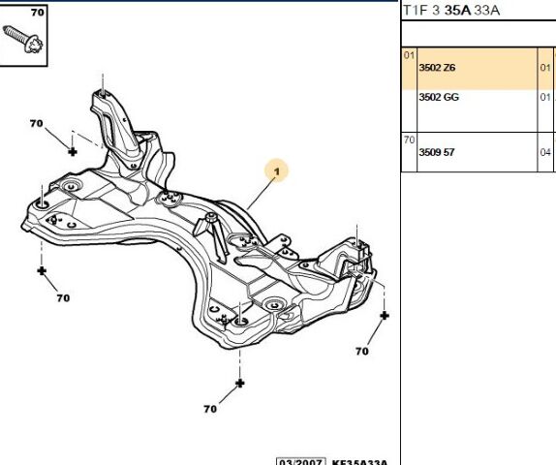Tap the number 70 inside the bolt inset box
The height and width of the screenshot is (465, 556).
37,13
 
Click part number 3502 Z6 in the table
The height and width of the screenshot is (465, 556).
437,68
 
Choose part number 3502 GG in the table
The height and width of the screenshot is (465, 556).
438,98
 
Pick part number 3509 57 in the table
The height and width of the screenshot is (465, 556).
436,152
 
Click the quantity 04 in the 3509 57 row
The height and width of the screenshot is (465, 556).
544,152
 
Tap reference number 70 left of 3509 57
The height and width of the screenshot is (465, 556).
408,140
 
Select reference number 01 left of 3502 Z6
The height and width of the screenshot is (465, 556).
408,55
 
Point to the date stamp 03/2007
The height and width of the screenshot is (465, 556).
297,460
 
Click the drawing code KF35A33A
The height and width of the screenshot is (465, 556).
358,461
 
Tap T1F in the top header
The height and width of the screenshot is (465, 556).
414,12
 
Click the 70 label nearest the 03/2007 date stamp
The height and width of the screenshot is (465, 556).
210,409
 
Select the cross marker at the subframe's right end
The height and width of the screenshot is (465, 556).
385,316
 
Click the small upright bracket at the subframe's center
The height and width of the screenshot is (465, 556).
210,231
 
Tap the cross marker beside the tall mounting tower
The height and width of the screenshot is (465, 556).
72,150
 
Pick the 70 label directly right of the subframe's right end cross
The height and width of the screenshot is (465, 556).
362,351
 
